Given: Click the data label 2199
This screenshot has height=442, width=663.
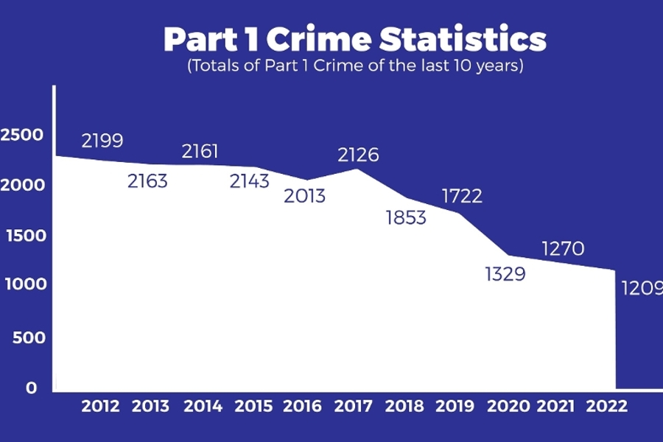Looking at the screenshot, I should [x=102, y=141].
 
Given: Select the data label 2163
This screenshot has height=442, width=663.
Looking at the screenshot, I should [x=147, y=180].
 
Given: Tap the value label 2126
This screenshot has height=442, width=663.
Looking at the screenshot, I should [x=358, y=155].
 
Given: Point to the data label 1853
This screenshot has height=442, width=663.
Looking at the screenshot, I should [x=406, y=218].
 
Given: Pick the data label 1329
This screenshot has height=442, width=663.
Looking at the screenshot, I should [x=505, y=274].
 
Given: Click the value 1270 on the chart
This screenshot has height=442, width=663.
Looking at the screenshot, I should [x=563, y=249].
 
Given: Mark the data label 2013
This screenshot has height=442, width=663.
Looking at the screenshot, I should [x=304, y=197].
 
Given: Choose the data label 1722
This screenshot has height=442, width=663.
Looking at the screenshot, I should [x=462, y=196].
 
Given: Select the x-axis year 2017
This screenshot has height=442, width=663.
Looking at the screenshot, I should [x=354, y=406].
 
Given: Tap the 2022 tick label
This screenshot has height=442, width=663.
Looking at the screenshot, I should [x=607, y=406].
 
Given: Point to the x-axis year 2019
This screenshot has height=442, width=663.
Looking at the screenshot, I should [x=455, y=406].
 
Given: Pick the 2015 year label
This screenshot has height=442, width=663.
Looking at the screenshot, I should [x=253, y=406].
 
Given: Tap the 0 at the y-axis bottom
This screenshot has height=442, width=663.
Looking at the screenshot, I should [x=31, y=387].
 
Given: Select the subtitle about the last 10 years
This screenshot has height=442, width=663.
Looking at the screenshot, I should [x=355, y=66].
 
